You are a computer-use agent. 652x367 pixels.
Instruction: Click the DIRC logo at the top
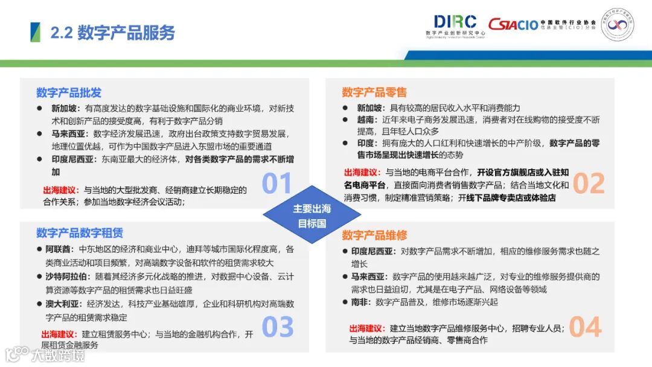455,26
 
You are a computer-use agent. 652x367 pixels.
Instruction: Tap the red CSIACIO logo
514,25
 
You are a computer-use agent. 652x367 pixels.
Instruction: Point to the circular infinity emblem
618,25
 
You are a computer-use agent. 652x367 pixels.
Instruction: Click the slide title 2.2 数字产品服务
113,33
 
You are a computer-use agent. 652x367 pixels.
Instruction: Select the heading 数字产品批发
69,92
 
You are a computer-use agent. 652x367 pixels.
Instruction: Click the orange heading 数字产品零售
374,92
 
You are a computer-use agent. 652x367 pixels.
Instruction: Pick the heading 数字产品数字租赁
80,232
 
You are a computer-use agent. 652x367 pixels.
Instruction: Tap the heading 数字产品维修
374,235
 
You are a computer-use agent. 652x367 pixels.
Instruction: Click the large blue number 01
276,183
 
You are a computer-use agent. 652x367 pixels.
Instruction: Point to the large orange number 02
589,183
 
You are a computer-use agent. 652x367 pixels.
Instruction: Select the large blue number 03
278,327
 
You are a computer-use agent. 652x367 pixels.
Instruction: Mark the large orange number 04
585,327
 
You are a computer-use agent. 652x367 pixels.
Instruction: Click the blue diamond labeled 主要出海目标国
312,215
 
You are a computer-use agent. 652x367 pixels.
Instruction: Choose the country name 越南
365,120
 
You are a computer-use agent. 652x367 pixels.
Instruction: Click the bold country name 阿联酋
58,249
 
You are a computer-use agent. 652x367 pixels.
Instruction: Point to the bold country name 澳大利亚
62,304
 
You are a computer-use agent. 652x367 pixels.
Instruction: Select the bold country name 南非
360,302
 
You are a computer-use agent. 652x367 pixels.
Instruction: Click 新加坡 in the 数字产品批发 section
64,109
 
